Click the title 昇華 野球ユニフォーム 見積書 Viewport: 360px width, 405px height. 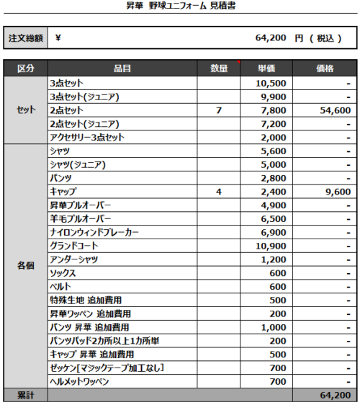tap(179, 7)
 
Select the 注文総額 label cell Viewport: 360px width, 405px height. tap(26, 38)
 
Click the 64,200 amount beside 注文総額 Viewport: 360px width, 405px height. tap(271, 38)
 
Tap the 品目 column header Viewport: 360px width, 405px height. tap(122, 68)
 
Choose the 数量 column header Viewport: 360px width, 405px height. tap(219, 68)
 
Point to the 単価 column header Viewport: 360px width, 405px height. tap(266, 68)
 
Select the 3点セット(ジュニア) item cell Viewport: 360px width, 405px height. tap(84, 97)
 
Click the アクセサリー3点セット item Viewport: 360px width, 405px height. tap(87, 138)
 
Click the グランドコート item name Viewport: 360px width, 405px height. tap(74, 246)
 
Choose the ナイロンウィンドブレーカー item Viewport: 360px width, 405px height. tap(94, 233)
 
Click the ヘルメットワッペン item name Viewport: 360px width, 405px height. tap(79, 382)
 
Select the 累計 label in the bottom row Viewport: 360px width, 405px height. tap(26, 396)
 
